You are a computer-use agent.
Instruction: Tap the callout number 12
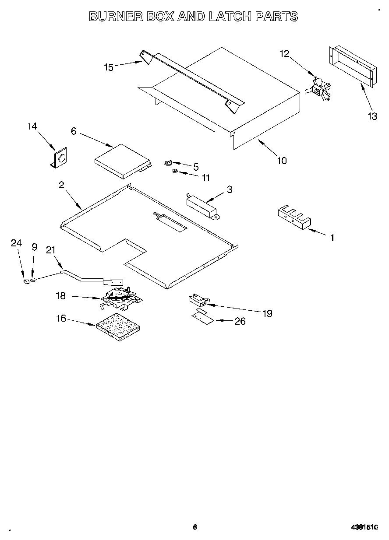[284, 53]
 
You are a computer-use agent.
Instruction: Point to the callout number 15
[108, 67]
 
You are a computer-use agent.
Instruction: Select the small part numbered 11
[175, 172]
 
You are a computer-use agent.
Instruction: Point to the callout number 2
[61, 185]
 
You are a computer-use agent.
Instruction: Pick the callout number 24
[16, 243]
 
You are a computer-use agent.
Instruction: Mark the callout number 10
[282, 161]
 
